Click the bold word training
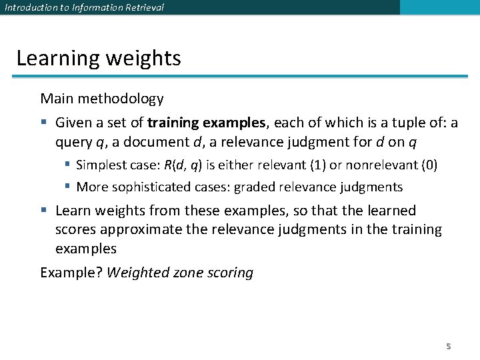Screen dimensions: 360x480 pyautogui.click(x=173, y=123)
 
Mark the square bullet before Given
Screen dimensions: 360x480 pyautogui.click(x=44, y=123)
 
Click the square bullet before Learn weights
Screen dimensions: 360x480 pyautogui.click(x=44, y=211)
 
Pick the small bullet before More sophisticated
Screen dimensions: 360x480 pyautogui.click(x=68, y=187)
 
